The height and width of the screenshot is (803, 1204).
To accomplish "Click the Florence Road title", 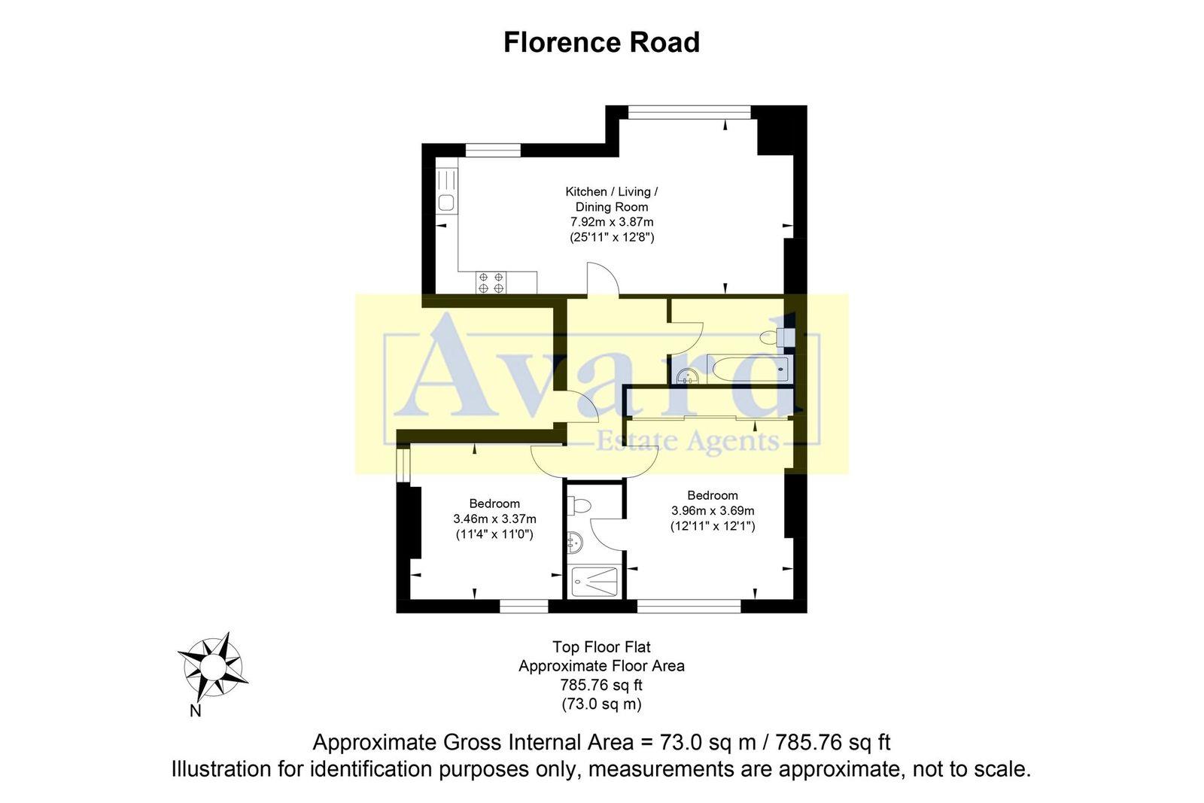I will pyautogui.click(x=601, y=43).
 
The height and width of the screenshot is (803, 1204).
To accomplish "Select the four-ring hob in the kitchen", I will pyautogui.click(x=491, y=282).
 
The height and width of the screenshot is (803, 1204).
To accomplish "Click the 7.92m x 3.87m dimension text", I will pyautogui.click(x=611, y=222).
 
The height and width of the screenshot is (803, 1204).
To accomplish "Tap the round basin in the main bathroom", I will pyautogui.click(x=686, y=377).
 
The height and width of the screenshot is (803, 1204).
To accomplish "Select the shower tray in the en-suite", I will pyautogui.click(x=594, y=581).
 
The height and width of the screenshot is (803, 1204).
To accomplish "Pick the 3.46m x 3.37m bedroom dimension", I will pyautogui.click(x=494, y=519).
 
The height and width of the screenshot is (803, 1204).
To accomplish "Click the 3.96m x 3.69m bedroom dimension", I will pyautogui.click(x=712, y=510).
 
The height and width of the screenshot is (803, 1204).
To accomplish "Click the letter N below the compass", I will pyautogui.click(x=195, y=710).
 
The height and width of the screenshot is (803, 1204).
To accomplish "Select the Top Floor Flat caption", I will pyautogui.click(x=601, y=646).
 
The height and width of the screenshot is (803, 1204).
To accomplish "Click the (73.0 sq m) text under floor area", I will pyautogui.click(x=601, y=704).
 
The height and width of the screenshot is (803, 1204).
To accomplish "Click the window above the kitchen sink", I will pyautogui.click(x=493, y=150).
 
